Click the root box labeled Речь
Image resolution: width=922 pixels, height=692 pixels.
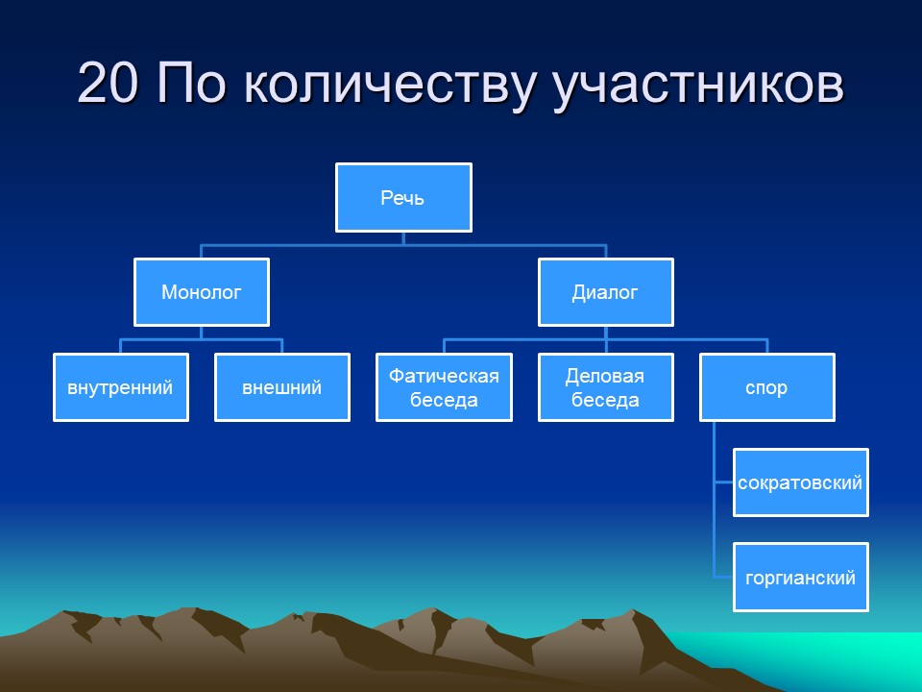(x=403, y=198)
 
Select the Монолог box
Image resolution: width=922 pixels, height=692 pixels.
(x=201, y=292)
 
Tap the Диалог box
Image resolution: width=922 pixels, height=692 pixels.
(x=605, y=292)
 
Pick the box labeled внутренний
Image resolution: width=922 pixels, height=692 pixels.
(x=120, y=387)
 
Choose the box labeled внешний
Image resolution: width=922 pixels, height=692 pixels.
(x=281, y=387)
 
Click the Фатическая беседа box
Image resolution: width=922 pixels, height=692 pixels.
(x=444, y=387)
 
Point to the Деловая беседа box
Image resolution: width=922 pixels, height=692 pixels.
(x=605, y=387)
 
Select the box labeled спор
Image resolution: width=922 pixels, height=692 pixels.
(x=766, y=387)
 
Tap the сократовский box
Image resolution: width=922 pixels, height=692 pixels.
(x=800, y=482)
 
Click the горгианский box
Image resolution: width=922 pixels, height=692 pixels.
(x=800, y=578)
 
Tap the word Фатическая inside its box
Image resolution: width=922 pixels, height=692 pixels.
(x=444, y=376)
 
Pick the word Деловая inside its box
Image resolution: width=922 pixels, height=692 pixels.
(x=605, y=376)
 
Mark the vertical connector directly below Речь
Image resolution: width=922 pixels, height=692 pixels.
(x=403, y=238)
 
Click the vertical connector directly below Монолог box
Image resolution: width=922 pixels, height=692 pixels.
(x=201, y=333)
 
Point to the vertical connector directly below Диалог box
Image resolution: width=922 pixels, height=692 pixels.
(x=605, y=333)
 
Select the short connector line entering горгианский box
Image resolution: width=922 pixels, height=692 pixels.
(x=724, y=577)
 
